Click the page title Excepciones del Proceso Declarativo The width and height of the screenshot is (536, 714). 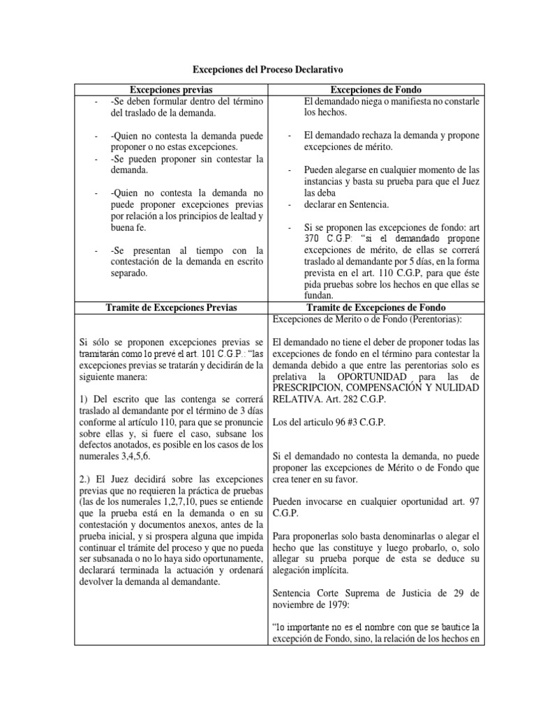[268, 70]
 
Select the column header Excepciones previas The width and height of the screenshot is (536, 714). [172, 90]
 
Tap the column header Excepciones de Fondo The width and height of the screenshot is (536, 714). [376, 90]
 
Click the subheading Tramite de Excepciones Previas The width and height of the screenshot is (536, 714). [172, 308]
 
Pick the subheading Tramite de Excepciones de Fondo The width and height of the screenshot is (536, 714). [376, 308]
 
